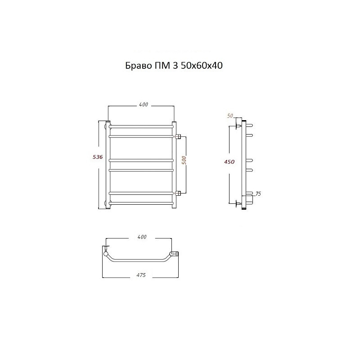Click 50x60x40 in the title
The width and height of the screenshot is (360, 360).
coord(202,66)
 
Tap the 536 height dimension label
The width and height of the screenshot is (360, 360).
coord(98,157)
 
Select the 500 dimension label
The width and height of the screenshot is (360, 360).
coord(184,160)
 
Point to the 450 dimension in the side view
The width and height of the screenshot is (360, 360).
coord(229,162)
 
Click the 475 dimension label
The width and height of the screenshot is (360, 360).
coord(141,275)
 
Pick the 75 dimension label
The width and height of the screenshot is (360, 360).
coord(258,194)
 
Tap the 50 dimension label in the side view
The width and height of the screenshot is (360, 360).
coord(230,116)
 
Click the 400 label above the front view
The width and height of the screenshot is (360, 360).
coord(144,105)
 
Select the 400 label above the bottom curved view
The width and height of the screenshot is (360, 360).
coord(142,237)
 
